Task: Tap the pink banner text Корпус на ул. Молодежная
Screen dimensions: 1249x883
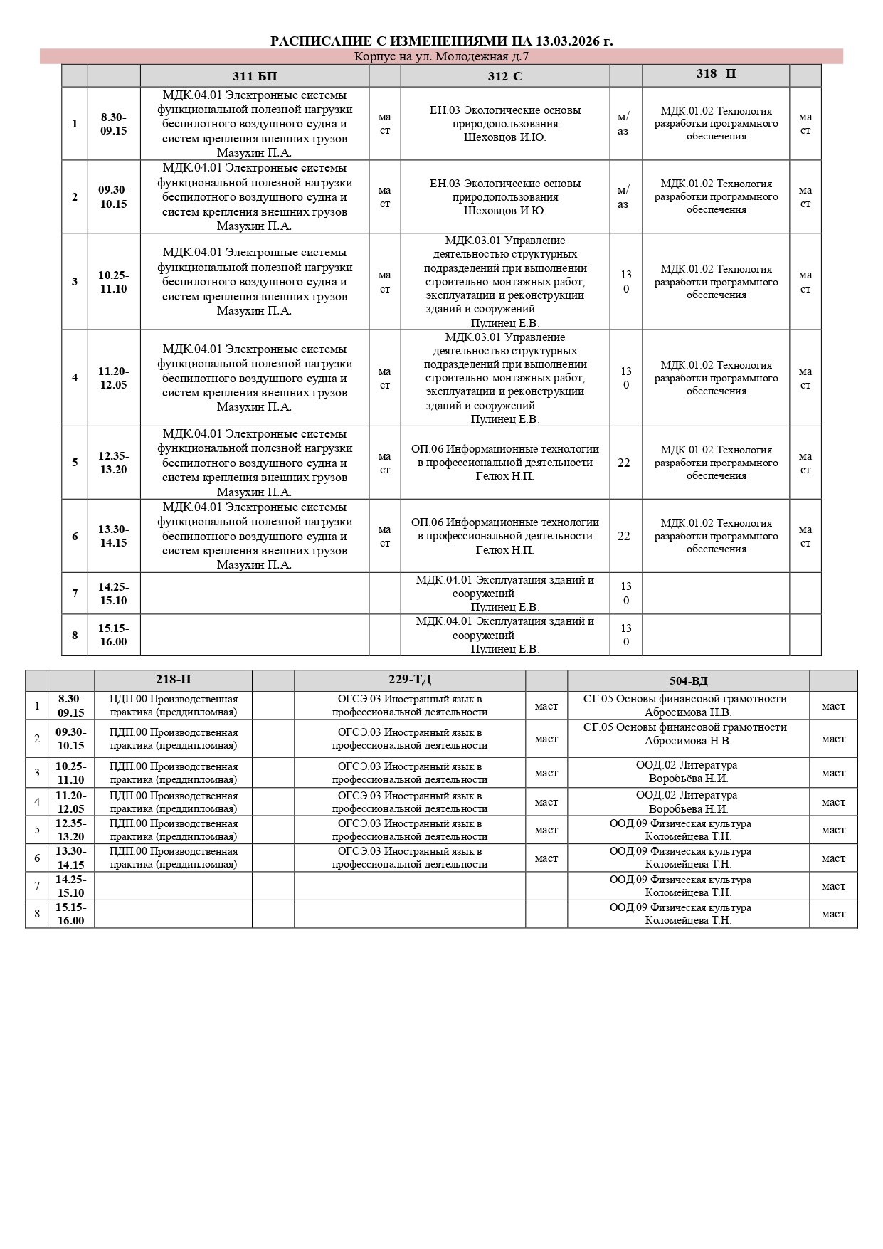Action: click(x=441, y=57)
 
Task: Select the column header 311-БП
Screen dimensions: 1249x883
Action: click(x=255, y=76)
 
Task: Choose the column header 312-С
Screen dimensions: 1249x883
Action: click(x=505, y=76)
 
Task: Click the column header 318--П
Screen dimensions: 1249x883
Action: click(x=716, y=74)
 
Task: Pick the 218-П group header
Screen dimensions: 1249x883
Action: click(x=173, y=680)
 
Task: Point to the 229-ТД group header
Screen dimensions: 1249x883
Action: click(x=410, y=680)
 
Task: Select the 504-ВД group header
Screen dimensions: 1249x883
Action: click(x=688, y=680)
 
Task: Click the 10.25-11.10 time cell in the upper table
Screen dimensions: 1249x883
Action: click(x=114, y=282)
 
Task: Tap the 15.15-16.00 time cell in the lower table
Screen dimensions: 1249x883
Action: click(x=71, y=914)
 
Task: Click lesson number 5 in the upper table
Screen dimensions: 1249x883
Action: click(x=75, y=463)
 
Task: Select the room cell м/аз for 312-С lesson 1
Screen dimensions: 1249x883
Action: click(x=623, y=124)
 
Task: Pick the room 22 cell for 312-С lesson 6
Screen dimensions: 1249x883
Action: click(x=624, y=536)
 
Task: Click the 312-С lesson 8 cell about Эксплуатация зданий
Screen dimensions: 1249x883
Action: click(x=505, y=635)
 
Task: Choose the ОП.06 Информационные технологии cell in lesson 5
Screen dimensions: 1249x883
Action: click(x=505, y=463)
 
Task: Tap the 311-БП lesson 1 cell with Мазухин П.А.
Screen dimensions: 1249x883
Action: click(x=255, y=124)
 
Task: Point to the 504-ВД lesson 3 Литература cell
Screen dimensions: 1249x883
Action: click(x=688, y=772)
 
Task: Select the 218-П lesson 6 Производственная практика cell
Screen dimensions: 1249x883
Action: click(x=173, y=858)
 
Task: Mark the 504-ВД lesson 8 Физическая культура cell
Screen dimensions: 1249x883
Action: click(x=688, y=914)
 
